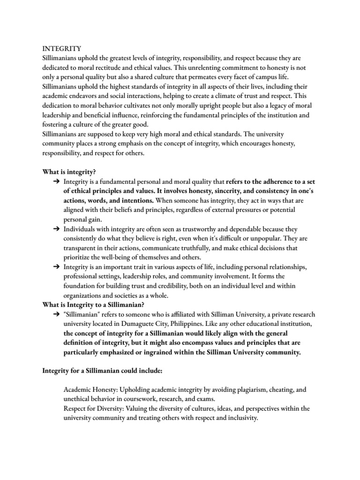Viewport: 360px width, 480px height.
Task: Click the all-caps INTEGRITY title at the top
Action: tap(62, 48)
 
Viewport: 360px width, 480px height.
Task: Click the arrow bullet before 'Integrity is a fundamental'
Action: tap(56, 181)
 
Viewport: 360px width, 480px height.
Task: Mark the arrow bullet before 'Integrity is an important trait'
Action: tap(56, 267)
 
